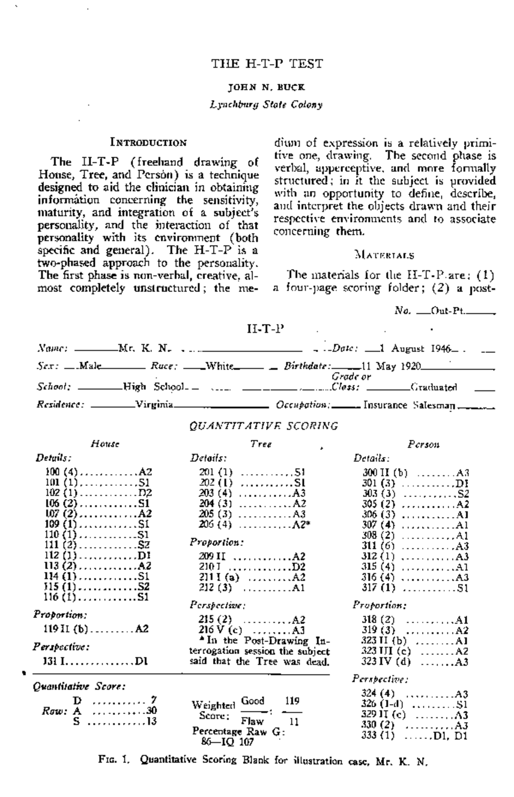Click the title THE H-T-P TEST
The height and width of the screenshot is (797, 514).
266,64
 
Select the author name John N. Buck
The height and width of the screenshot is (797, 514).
266,87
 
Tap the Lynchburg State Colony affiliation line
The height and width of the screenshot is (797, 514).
266,105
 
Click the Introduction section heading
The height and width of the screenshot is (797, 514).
149,143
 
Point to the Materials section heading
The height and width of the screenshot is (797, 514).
384,256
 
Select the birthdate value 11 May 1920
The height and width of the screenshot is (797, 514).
391,367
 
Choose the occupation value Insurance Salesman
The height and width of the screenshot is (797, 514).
409,405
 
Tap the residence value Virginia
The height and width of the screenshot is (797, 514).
154,405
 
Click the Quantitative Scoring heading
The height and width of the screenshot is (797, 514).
264,426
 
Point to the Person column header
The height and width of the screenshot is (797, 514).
424,445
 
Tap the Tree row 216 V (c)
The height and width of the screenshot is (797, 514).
252,630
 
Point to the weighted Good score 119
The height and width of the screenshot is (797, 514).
292,701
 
